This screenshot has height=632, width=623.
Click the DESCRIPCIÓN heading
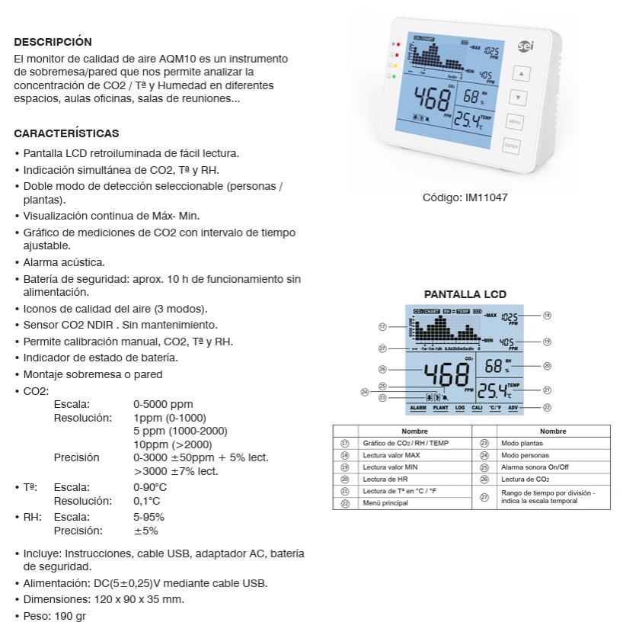53,42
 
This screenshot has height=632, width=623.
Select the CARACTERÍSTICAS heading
66,133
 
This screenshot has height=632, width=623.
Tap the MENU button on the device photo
514,121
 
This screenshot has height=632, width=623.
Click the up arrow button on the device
521,74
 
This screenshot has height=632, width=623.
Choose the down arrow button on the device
518,98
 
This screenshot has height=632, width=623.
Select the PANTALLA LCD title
465,294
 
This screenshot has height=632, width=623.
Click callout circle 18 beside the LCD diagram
547,315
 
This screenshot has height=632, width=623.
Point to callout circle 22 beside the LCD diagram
547,408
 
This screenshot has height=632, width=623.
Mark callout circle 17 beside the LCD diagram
383,326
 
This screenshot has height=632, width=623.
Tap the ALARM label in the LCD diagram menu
417,409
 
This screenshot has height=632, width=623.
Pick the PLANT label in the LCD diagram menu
440,409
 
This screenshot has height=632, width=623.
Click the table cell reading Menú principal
382,504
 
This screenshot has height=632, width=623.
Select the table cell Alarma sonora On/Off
535,467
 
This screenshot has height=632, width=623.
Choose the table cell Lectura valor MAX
391,455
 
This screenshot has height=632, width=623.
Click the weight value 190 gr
70,615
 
